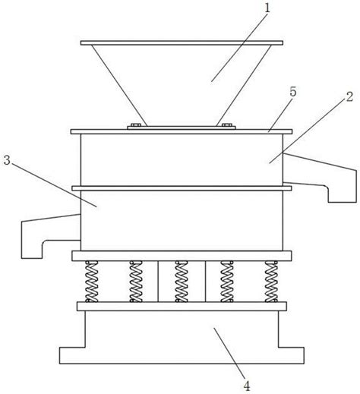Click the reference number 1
267,8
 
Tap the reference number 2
349,96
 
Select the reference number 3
7,160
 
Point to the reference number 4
247,386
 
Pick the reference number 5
292,92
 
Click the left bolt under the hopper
136,125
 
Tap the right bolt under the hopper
227,125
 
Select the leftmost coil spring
92,281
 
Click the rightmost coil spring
271,281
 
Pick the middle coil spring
182,281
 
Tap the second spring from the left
136,281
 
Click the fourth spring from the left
227,281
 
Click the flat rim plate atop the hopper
182,43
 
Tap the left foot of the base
72,355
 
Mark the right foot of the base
291,355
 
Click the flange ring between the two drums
182,188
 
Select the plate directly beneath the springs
182,307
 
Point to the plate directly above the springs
182,256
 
